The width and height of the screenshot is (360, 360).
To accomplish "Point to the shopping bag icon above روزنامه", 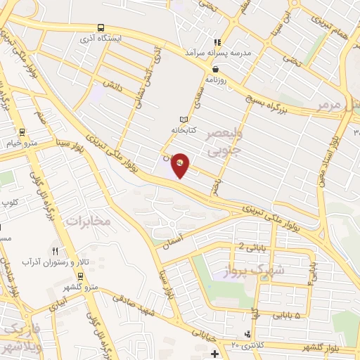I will (214, 68).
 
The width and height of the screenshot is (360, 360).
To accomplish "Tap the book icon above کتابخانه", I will (184, 120).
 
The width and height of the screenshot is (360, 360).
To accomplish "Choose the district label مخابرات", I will (89, 221).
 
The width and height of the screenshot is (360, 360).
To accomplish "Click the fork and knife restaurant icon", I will (55, 250).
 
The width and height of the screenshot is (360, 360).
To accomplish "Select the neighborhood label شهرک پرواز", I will (255, 269).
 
